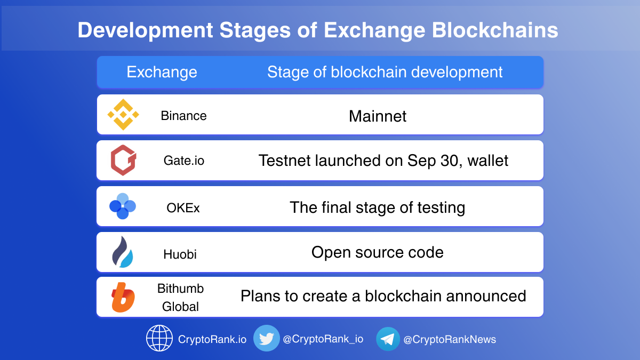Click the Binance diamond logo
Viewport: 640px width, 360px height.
point(123,115)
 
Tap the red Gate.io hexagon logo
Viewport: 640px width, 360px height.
point(123,160)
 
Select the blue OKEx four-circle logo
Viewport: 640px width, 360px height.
point(123,206)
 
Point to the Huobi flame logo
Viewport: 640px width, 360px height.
point(123,252)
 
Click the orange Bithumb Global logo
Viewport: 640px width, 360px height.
point(123,297)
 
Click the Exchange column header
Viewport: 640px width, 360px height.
point(162,72)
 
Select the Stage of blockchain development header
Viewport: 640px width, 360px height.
point(385,72)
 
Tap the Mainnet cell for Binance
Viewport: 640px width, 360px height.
point(378,116)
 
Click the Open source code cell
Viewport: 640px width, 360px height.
point(378,252)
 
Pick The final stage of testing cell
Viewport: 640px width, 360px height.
point(378,207)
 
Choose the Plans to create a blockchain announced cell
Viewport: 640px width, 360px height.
point(383,295)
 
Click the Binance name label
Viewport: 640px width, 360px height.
point(183,116)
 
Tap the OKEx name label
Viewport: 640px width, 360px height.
point(183,207)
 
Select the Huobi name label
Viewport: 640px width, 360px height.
point(180,254)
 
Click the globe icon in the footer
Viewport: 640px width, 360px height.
point(159,338)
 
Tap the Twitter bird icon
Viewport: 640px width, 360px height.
point(267,338)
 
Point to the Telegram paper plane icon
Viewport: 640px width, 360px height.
point(388,339)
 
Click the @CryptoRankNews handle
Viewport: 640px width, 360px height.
point(450,339)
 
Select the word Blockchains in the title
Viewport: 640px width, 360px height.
point(495,30)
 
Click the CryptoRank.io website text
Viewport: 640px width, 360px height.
point(212,339)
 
